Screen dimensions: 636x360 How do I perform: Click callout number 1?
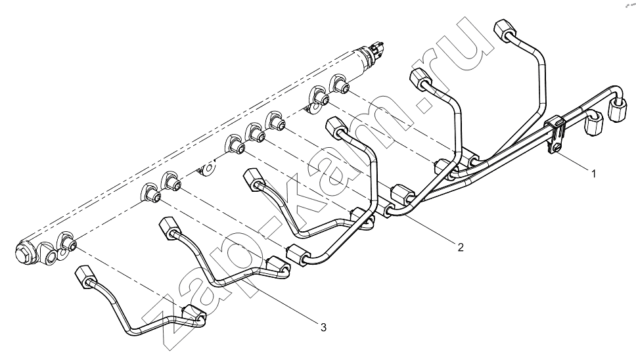point(594,174)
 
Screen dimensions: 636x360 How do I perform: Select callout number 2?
point(461,247)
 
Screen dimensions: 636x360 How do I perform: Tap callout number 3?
point(323,327)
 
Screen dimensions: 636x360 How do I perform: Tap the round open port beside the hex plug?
point(51,258)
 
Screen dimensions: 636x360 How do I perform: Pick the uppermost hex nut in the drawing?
point(505,29)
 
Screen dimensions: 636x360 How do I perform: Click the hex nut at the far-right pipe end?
point(616,110)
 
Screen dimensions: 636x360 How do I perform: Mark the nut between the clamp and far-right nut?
point(594,124)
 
